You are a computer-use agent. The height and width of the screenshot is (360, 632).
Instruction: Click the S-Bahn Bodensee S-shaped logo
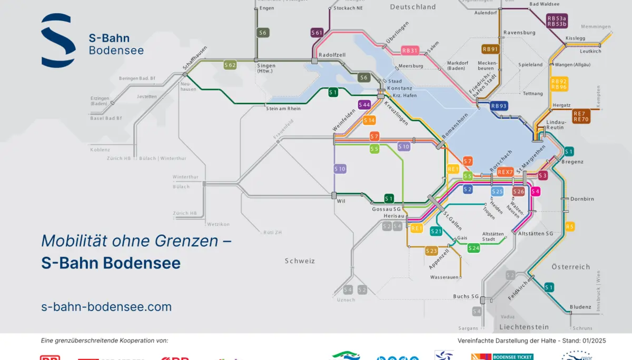point(58,41)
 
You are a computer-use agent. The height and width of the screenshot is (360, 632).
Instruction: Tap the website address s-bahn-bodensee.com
point(106,307)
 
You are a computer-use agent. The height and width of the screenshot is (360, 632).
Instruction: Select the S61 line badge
point(317,33)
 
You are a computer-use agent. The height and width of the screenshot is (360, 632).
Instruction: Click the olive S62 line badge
point(230,65)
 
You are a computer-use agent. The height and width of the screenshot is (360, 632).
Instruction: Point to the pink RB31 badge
point(409,51)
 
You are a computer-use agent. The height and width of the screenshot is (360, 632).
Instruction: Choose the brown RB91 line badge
point(490,49)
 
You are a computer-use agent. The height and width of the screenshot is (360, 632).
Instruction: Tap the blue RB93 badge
point(499,105)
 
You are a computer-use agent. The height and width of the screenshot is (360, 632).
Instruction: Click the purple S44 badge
point(364,105)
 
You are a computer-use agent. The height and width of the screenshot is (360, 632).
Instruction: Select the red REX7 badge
point(505,172)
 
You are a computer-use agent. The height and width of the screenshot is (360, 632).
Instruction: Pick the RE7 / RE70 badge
point(581,116)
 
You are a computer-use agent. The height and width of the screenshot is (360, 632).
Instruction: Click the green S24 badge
point(474,248)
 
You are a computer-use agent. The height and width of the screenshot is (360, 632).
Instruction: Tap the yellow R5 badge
point(569,227)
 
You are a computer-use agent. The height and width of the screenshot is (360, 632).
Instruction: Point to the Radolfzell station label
point(332,55)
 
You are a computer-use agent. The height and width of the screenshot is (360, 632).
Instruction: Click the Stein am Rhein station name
point(283,109)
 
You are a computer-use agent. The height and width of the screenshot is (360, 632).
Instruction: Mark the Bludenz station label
point(580,307)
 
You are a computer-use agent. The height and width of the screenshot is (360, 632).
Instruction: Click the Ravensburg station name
point(519,33)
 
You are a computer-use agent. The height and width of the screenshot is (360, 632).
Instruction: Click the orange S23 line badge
point(431,251)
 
